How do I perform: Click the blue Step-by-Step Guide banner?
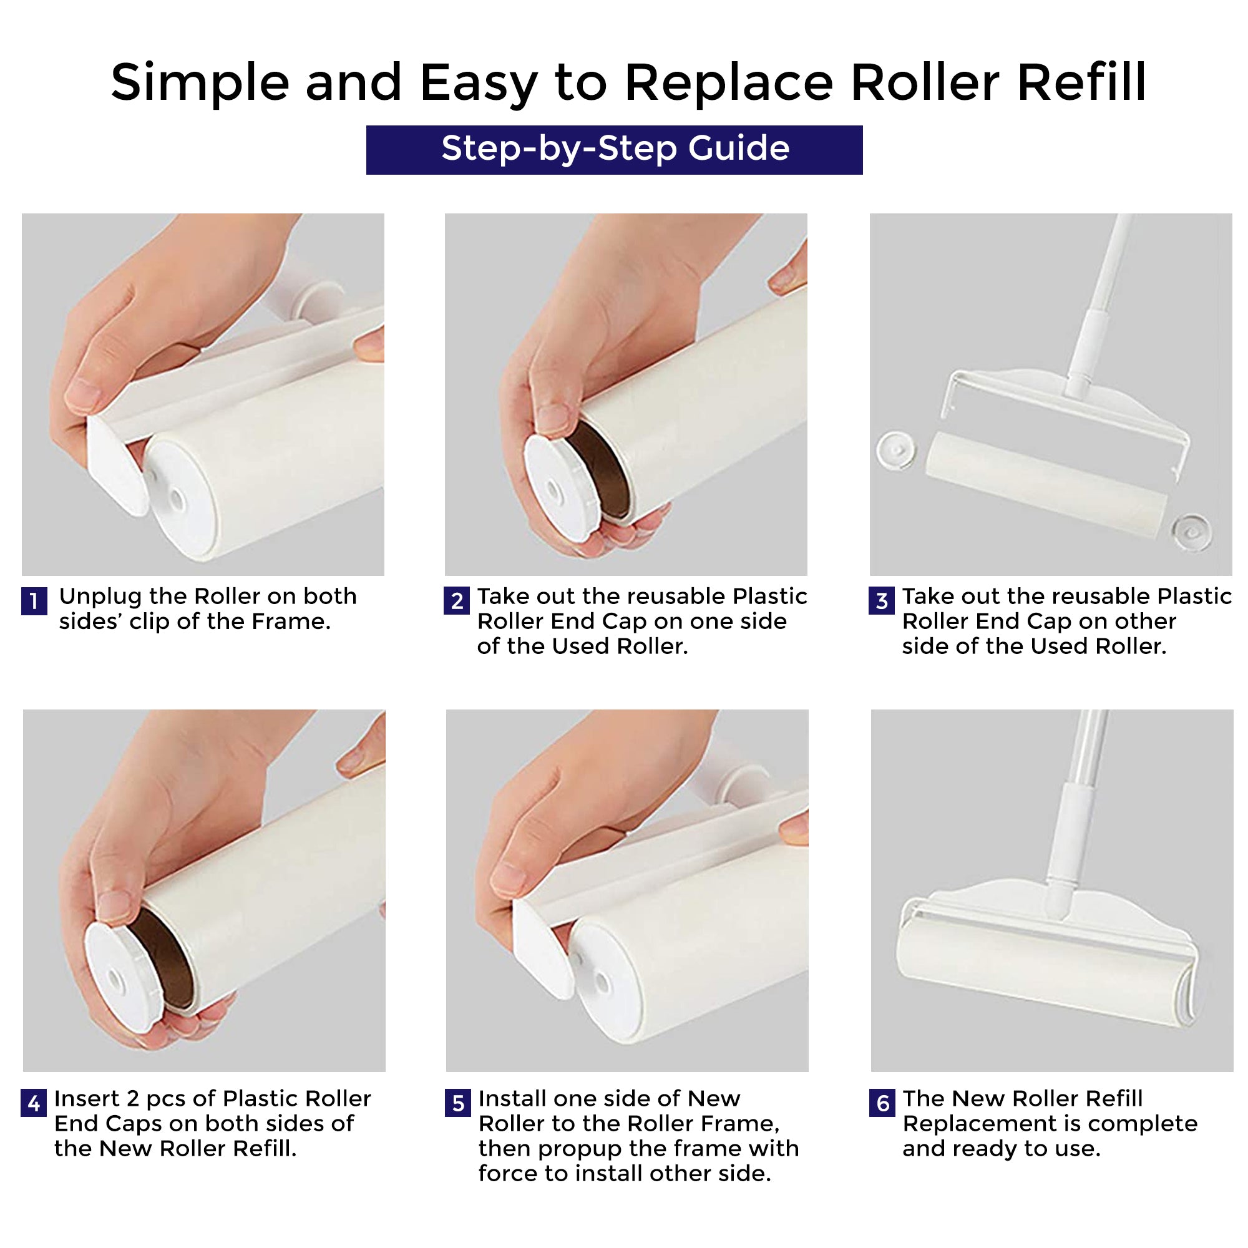coord(614,150)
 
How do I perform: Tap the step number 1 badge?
coord(34,602)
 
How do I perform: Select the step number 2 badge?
coord(457,601)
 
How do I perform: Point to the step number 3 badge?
coord(882,601)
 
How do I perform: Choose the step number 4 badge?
coord(34,1103)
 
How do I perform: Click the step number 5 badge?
coord(458,1103)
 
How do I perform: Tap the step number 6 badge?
coord(882,1103)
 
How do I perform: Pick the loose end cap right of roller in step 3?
coord(1191,532)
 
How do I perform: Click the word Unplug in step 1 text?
coord(100,598)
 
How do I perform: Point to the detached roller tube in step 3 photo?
coord(1046,484)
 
